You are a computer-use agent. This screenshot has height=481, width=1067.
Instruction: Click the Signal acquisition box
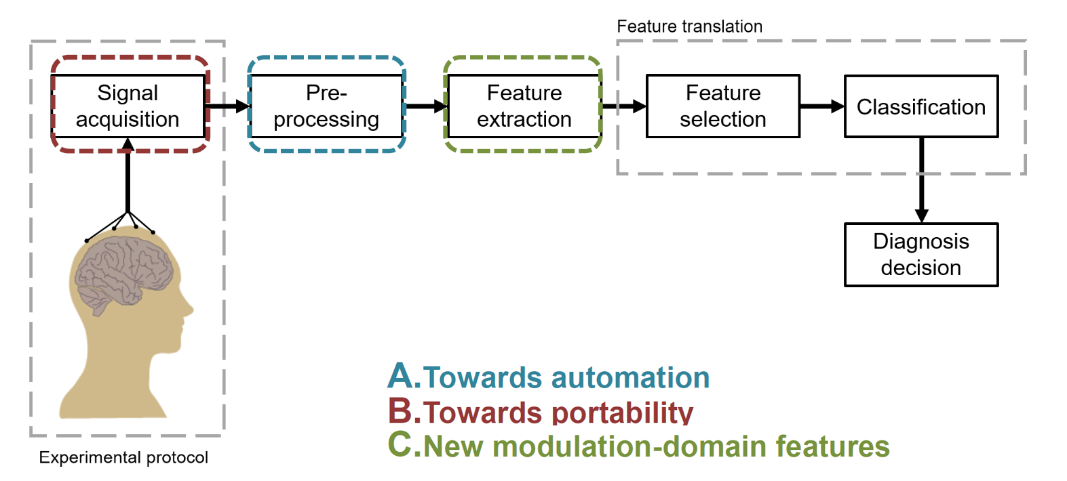pos(128,106)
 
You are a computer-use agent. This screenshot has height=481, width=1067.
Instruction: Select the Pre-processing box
pos(326,106)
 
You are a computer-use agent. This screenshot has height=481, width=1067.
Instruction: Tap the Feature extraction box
pos(524,106)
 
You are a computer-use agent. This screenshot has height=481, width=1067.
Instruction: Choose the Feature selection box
pos(722,106)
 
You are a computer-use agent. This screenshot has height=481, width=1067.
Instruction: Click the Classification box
pos(921,106)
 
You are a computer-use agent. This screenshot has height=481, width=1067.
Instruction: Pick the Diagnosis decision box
pos(921,255)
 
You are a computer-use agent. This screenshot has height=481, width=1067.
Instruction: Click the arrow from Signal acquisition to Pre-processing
pos(228,106)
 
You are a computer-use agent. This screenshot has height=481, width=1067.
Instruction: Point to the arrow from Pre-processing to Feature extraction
pos(426,106)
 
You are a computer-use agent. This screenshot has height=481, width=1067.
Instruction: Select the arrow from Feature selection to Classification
pos(822,106)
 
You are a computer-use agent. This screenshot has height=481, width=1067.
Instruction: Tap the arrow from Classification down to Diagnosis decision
pos(922,180)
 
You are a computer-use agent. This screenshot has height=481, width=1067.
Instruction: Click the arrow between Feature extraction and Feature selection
pos(624,106)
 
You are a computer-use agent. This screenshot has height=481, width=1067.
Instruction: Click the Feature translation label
pos(689,26)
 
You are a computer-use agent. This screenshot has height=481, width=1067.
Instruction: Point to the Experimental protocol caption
pos(123,458)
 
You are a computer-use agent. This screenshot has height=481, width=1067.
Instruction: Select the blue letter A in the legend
pos(401,375)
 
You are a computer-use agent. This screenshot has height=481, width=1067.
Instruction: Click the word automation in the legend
pos(630,378)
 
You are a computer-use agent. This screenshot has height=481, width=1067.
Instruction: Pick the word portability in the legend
pos(623,413)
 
